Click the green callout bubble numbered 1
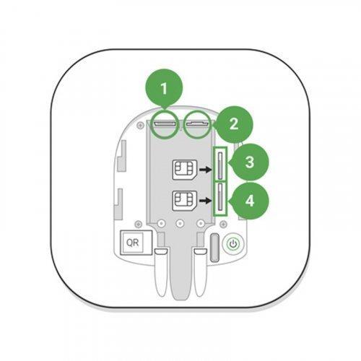point(164,88)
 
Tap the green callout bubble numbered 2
point(233,124)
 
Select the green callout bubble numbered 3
point(249,162)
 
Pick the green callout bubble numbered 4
point(249,201)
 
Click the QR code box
point(136,243)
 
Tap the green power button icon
point(233,244)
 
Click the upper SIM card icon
point(185,170)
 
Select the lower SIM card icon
point(185,201)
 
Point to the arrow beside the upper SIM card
point(205,170)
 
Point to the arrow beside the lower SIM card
point(205,201)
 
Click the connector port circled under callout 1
point(165,123)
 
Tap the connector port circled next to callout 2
point(197,123)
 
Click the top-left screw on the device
point(139,125)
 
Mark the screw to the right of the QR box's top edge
point(138,225)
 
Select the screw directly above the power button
point(224,225)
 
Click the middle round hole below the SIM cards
point(180,224)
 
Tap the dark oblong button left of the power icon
point(214,247)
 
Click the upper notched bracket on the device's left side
point(121,156)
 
